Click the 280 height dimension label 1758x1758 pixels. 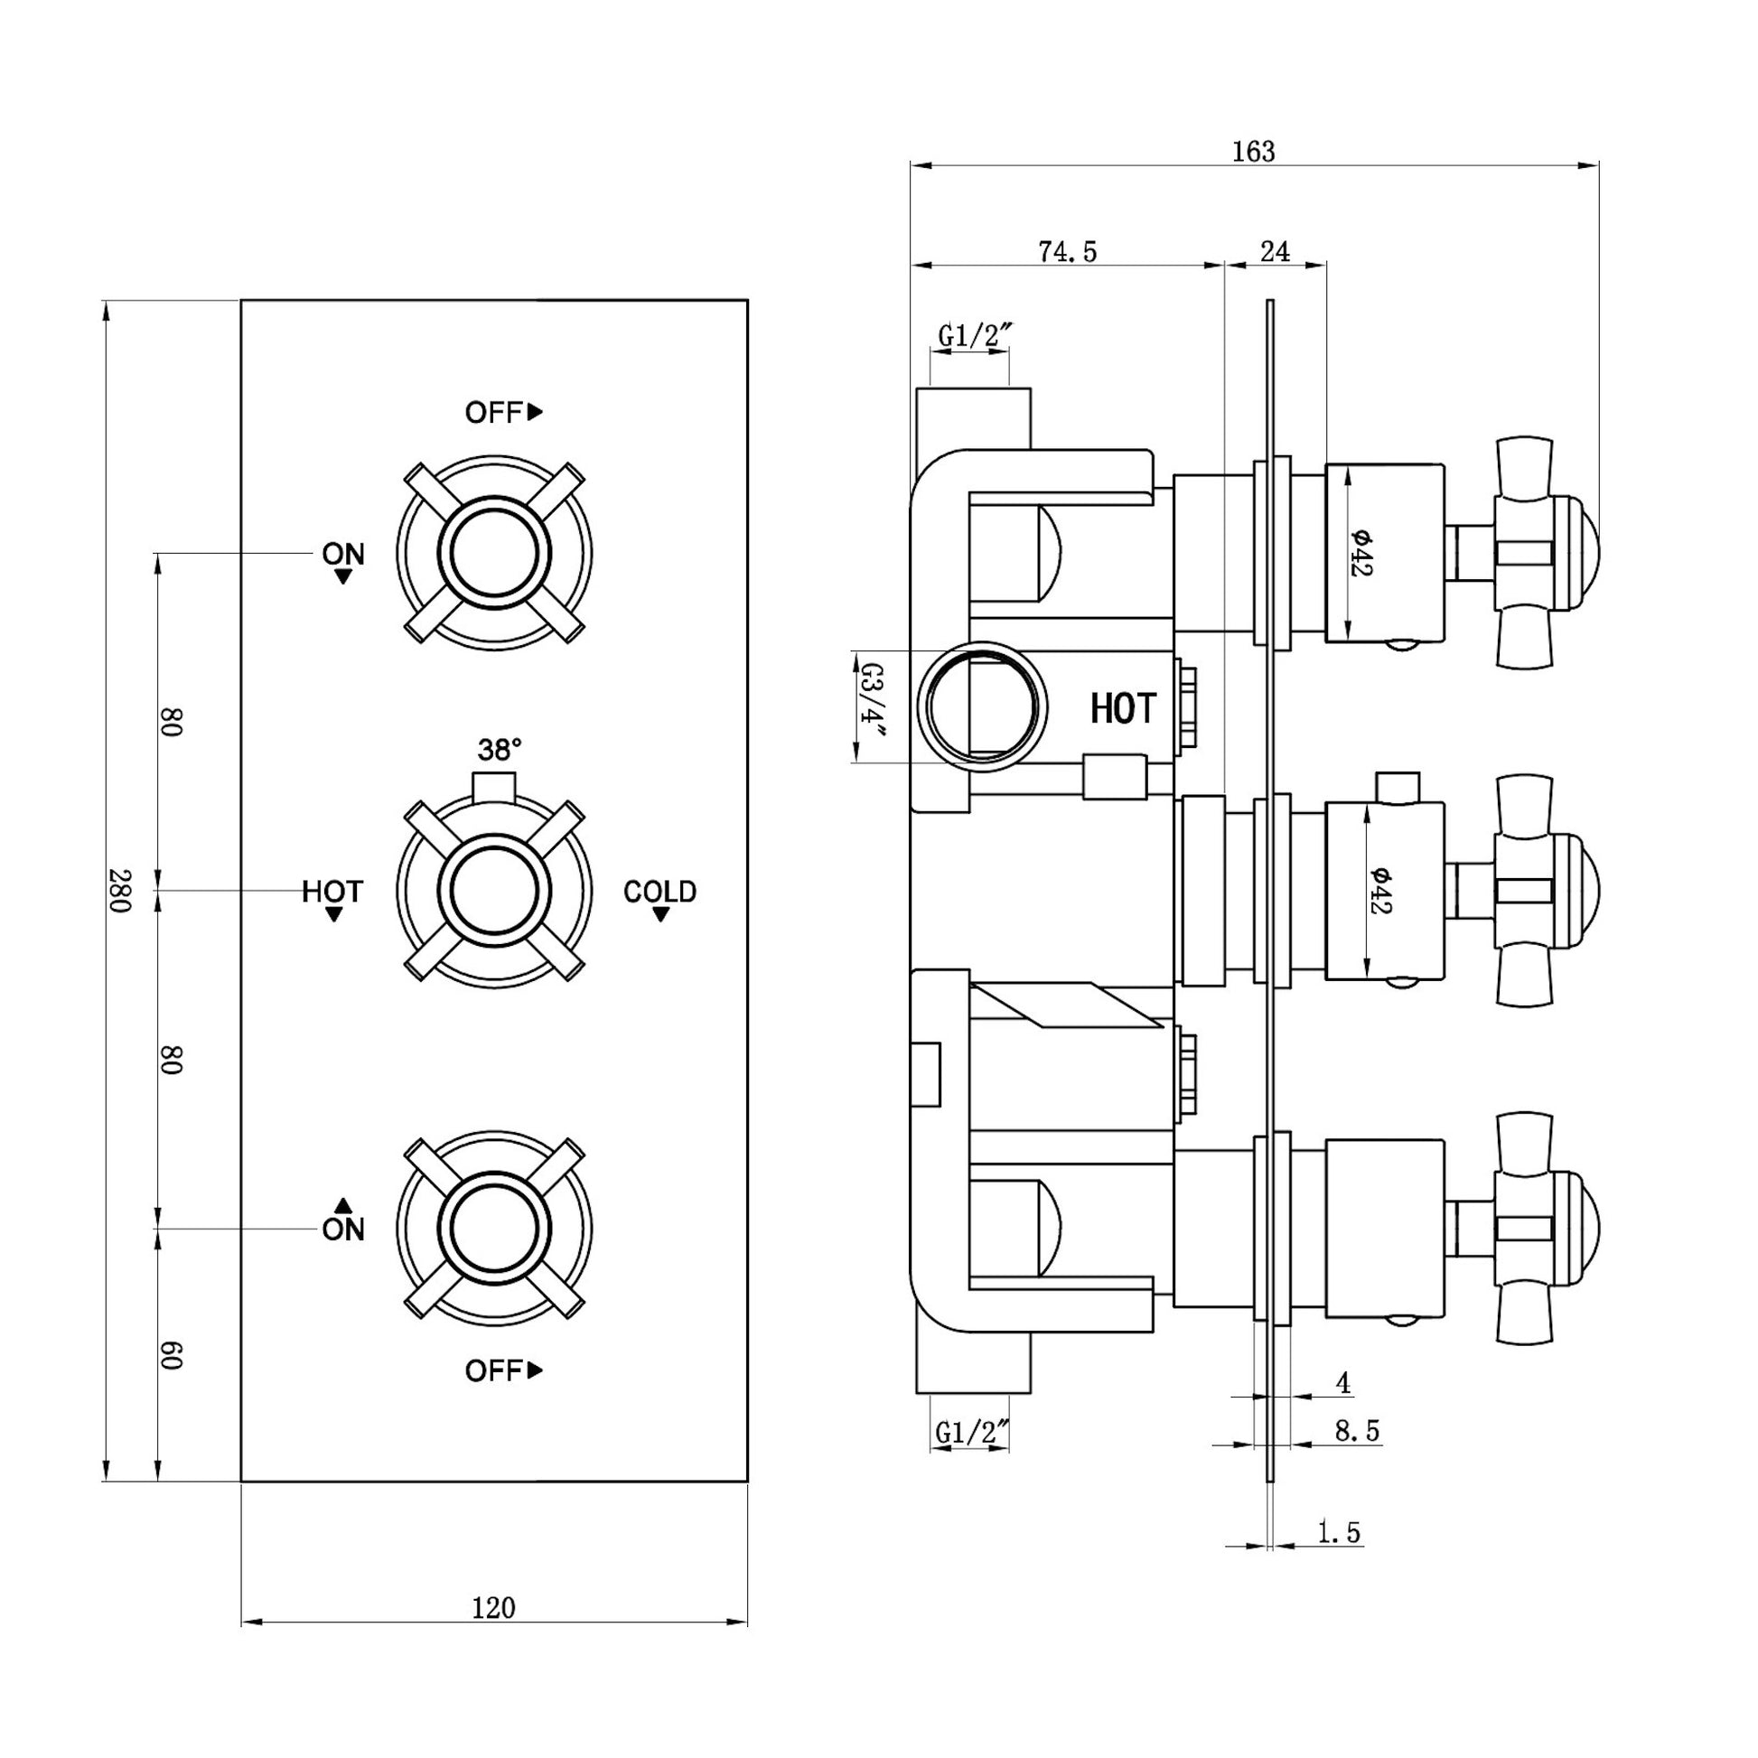pos(120,891)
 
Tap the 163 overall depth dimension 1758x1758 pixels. pos(1253,151)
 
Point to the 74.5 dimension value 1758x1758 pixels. pos(1068,251)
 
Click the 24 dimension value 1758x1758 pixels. pos(1275,251)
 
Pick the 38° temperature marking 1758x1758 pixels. pos(500,750)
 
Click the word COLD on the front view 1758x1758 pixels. pos(659,892)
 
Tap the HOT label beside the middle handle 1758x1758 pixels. pos(332,892)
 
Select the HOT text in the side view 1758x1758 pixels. pos(1123,709)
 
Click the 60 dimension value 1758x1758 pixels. pos(171,1355)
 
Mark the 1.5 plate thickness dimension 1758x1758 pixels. pos(1339,1532)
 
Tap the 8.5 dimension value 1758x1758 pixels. pos(1357,1430)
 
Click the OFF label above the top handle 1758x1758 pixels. pos(503,412)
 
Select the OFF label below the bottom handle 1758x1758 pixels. pos(503,1370)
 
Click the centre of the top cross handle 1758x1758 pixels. pos(494,553)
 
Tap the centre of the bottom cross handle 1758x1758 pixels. pos(494,1228)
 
